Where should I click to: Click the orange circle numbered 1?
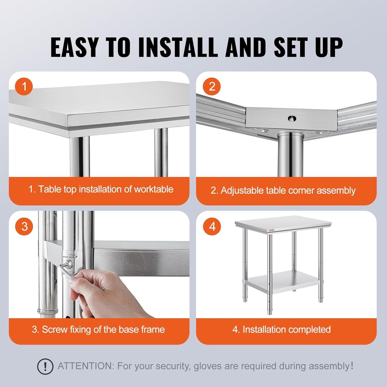[x=24, y=86]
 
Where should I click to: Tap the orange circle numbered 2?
[x=212, y=86]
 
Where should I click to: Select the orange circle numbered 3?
[x=24, y=227]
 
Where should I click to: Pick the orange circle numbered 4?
[x=212, y=227]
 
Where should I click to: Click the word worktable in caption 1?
[x=154, y=189]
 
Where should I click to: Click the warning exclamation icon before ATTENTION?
[x=45, y=366]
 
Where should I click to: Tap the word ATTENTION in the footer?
[x=85, y=366]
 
